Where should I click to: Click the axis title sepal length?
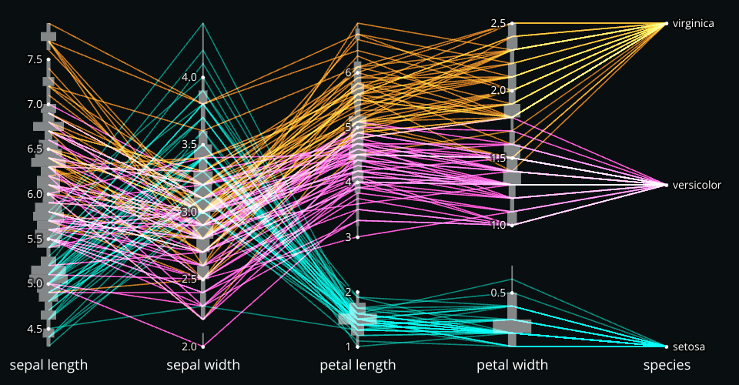[x=48, y=365]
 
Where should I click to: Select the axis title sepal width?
[x=203, y=365]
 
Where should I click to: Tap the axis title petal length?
[x=358, y=365]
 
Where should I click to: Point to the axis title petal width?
[x=512, y=365]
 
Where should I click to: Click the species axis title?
[x=667, y=365]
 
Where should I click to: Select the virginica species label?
[x=693, y=24]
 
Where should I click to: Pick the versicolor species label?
[x=696, y=185]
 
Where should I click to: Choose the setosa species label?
[x=688, y=346]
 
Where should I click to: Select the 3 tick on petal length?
[x=348, y=237]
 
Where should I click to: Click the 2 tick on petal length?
[x=348, y=292]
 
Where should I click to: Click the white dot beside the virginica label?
[x=666, y=24]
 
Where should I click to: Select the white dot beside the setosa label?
[x=666, y=346]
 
